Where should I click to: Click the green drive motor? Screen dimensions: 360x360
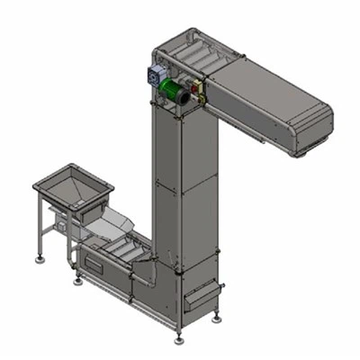pyautogui.click(x=170, y=92)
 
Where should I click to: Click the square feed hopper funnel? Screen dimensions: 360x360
pyautogui.click(x=74, y=188)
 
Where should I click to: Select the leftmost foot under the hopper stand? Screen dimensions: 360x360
pyautogui.click(x=40, y=259)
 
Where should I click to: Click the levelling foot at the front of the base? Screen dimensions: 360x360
pyautogui.click(x=178, y=338)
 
